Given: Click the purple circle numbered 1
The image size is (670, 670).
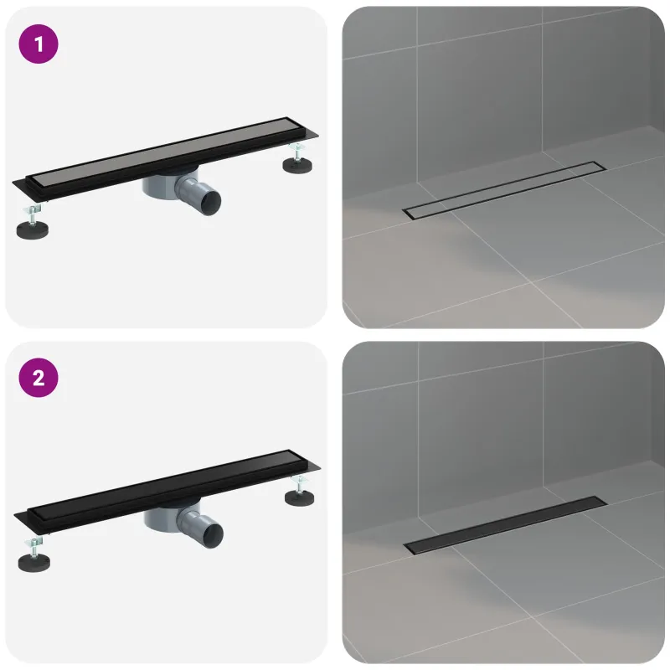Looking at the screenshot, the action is (x=39, y=44).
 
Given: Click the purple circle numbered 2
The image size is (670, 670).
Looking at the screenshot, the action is (x=39, y=378).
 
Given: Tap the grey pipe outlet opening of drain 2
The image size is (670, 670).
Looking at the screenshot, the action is (x=214, y=536).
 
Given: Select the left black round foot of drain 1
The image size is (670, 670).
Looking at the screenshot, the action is (x=32, y=230).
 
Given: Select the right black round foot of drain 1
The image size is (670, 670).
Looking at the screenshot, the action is (x=297, y=165).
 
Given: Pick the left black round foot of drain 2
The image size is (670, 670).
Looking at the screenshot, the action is (x=34, y=563).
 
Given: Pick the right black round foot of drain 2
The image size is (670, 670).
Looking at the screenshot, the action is (x=299, y=497).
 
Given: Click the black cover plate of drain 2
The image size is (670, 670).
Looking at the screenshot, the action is (x=167, y=485).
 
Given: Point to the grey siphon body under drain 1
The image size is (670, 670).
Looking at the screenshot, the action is (x=161, y=187).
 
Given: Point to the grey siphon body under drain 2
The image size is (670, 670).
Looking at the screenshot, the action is (x=162, y=519).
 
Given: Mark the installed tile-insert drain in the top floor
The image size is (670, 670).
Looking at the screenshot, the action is (x=504, y=191).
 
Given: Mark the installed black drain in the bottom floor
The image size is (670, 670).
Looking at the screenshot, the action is (x=505, y=526).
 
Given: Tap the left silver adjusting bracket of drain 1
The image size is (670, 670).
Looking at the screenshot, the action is (x=33, y=214).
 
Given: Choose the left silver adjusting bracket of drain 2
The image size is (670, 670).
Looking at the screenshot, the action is (x=34, y=546).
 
